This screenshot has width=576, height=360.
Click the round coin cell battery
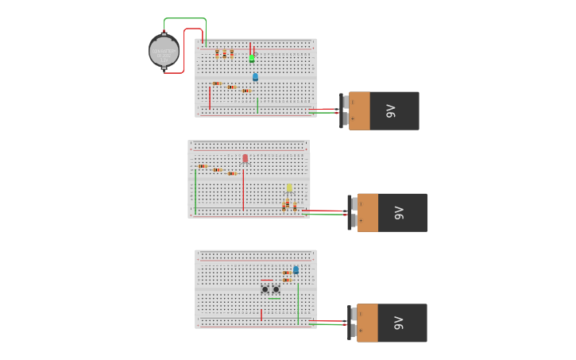164,51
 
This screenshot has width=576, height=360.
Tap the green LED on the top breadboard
252,58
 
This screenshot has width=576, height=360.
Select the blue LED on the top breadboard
255,77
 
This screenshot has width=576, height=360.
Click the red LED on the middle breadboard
245,159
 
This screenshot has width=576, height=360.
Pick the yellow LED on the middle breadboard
289,188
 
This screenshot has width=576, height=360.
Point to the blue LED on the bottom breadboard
296,270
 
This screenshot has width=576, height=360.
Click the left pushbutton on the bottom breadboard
265,289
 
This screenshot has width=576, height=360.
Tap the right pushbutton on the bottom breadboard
276,289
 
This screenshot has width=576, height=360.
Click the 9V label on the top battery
391,111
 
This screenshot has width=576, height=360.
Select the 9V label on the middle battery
400,213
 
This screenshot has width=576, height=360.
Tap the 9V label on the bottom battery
399,323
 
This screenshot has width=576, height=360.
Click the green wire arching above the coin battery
185,19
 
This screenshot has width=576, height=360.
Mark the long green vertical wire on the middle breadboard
195,191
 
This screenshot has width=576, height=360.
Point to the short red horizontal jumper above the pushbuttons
268,281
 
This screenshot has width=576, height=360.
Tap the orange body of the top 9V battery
359,110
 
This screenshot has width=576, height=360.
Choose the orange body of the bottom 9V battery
367,323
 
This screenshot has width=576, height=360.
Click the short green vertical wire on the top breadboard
257,105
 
